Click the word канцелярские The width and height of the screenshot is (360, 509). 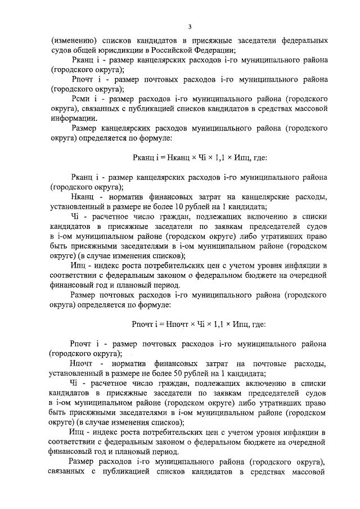coord(250,196)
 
